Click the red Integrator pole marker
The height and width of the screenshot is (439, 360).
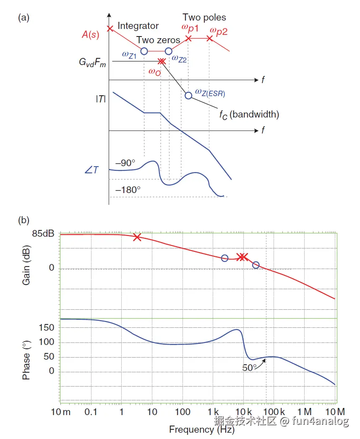pos(110,29)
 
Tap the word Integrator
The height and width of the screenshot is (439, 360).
pos(138,26)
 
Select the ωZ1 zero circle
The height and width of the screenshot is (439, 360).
pos(144,51)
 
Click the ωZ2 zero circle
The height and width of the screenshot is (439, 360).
pos(168,51)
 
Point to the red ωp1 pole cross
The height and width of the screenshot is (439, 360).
pos(188,38)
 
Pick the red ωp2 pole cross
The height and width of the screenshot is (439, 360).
pos(209,38)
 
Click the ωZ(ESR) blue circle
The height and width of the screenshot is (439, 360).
pos(188,95)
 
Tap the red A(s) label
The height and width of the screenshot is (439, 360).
pos(91,35)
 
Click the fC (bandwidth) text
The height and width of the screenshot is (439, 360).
pos(249,114)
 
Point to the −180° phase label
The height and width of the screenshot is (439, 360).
pos(128,190)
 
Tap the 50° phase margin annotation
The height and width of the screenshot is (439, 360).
pos(250,368)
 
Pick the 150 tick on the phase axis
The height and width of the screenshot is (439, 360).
pos(49,328)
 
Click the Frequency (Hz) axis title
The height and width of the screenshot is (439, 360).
pos(201,429)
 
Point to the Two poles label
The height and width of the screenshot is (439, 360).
pos(204,18)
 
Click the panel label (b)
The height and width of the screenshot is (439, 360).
pos(23,219)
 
